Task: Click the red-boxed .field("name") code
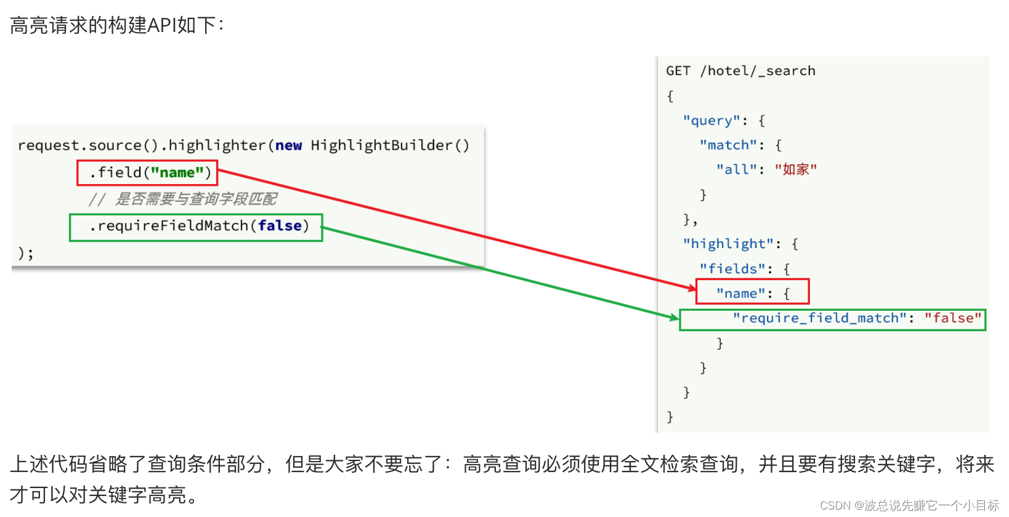click(x=147, y=173)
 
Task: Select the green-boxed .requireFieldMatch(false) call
click(x=196, y=226)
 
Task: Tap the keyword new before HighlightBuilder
click(x=288, y=145)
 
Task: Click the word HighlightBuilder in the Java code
click(x=381, y=145)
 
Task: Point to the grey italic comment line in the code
click(x=183, y=199)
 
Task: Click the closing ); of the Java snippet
click(x=25, y=253)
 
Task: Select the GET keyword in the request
click(x=678, y=71)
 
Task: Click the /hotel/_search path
click(x=758, y=71)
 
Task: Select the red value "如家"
click(x=796, y=169)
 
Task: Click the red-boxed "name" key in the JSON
click(x=740, y=294)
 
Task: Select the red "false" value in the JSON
click(x=952, y=318)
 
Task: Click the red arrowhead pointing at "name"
click(x=692, y=287)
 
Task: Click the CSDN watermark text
click(x=909, y=505)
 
